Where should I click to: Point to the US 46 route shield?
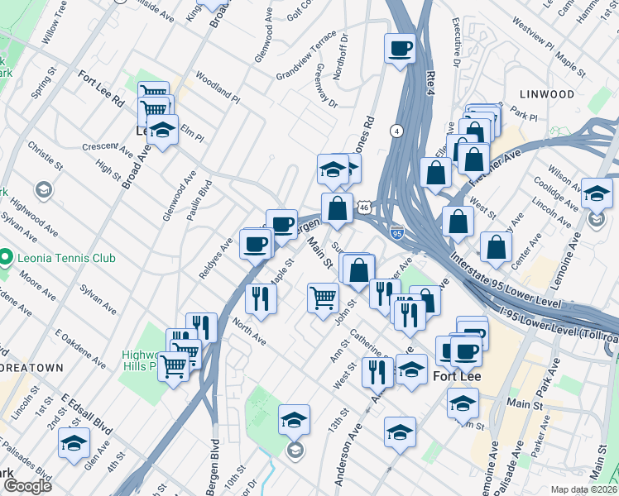pyautogui.click(x=364, y=209)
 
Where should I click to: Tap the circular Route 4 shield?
pyautogui.click(x=397, y=131)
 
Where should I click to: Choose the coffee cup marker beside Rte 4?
pyautogui.click(x=400, y=48)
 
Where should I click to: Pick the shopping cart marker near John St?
pyautogui.click(x=323, y=298)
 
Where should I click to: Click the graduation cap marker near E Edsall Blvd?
pyautogui.click(x=74, y=443)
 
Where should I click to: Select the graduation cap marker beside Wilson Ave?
pyautogui.click(x=597, y=194)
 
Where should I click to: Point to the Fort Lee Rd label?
pyautogui.click(x=101, y=88)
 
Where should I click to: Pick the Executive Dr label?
pyautogui.click(x=456, y=50)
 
